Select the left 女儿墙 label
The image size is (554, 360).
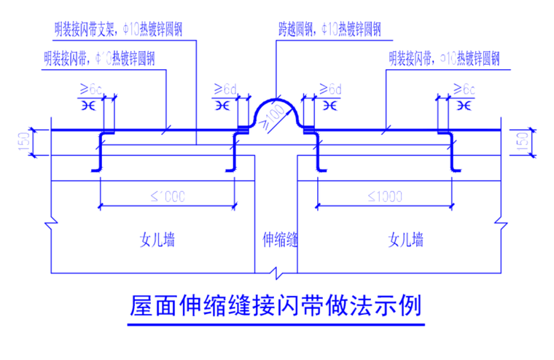click(157, 239)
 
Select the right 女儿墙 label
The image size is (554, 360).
click(406, 239)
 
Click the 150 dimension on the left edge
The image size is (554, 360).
click(24, 143)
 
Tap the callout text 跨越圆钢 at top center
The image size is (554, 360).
click(329, 30)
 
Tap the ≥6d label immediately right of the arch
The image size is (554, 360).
click(330, 90)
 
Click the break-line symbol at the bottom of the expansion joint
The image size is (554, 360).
click(276, 273)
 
